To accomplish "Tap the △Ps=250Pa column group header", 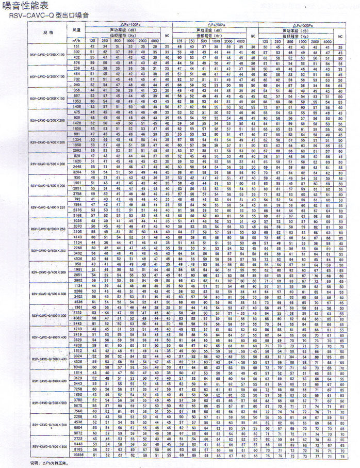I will pyautogui.click(x=212, y=25).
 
